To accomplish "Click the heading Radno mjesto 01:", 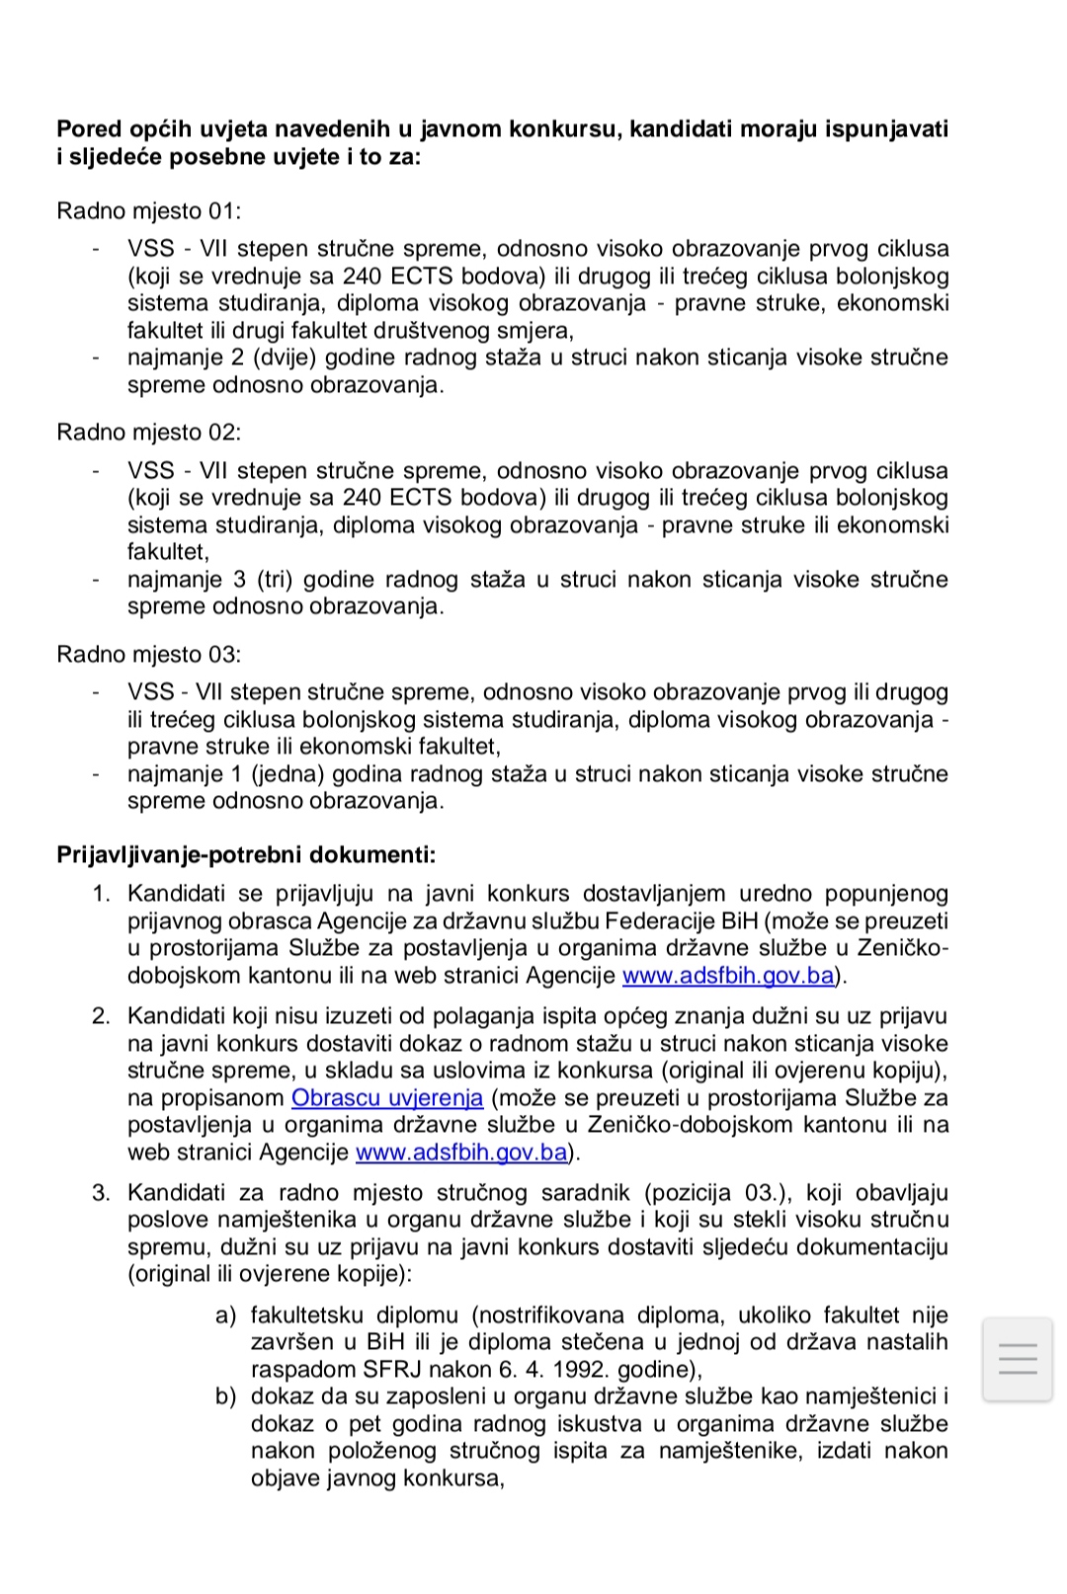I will (x=149, y=210).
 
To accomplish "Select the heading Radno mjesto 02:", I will (x=149, y=432).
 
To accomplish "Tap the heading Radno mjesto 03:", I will (x=149, y=654).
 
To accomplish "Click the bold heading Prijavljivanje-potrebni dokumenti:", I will (x=246, y=854).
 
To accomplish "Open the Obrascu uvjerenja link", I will (x=387, y=1097).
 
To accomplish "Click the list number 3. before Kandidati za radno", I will (x=102, y=1192).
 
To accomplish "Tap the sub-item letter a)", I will (x=226, y=1315).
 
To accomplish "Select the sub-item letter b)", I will (x=226, y=1396).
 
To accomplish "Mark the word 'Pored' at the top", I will (x=89, y=129).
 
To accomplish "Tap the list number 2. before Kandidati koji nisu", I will (x=102, y=1015).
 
